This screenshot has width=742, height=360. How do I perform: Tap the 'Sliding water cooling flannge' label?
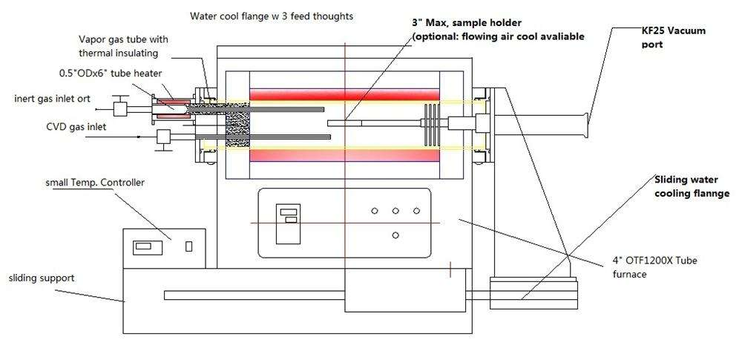[692, 186]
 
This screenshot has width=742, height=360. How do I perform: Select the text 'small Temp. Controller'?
[95, 183]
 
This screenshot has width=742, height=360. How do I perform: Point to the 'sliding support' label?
[42, 278]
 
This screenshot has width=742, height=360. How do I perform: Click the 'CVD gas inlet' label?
[76, 127]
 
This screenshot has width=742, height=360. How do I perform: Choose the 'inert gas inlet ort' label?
[52, 99]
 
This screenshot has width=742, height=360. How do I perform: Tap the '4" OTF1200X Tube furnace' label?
[654, 267]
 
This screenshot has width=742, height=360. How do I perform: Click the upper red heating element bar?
[344, 94]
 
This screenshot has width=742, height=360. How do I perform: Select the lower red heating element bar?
[344, 155]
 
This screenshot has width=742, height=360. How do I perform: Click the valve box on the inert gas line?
[121, 108]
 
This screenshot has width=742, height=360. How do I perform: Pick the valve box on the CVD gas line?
[164, 137]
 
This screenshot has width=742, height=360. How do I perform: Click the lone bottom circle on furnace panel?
[395, 235]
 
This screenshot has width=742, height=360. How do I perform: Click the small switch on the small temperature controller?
[188, 246]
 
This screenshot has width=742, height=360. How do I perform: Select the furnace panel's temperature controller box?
[288, 223]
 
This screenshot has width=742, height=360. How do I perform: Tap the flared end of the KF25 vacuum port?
[588, 125]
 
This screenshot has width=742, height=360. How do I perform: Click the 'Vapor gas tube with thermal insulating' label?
[123, 46]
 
